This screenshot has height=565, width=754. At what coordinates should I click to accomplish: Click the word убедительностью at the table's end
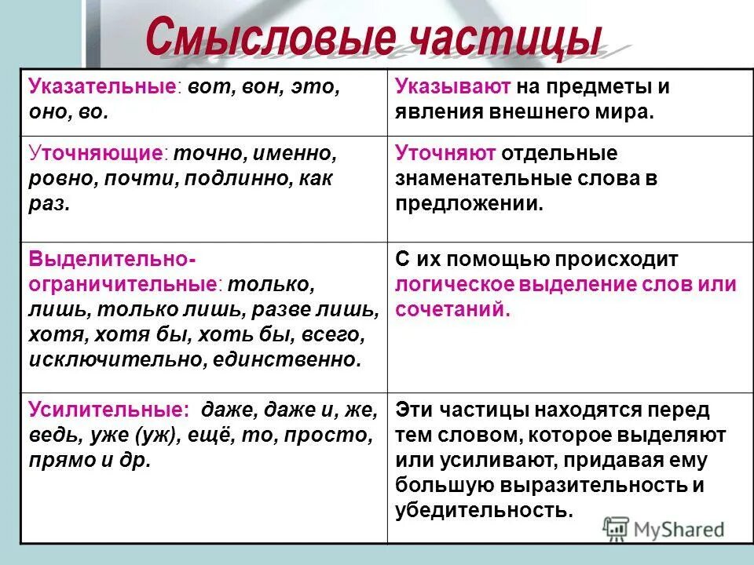pyautogui.click(x=481, y=510)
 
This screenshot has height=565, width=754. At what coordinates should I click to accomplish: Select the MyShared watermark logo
pyautogui.click(x=664, y=528)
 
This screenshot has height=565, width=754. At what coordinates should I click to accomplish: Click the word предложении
pyautogui.click(x=468, y=203)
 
